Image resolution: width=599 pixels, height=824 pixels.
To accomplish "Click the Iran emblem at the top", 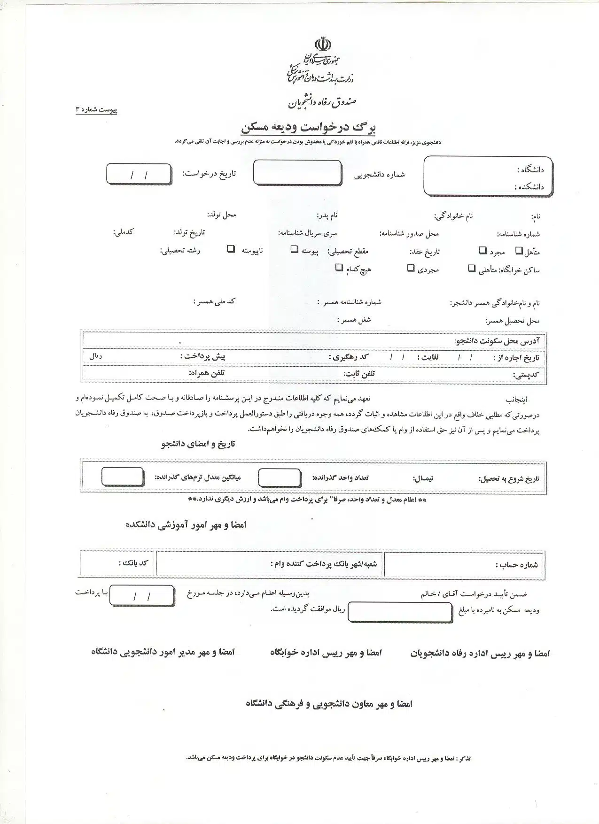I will (323, 45).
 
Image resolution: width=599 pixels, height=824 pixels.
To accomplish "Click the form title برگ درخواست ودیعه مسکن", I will (308, 128).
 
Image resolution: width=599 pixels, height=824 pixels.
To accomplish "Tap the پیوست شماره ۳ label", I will (96, 110).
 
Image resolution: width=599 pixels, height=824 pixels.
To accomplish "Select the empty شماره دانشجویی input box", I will (297, 173).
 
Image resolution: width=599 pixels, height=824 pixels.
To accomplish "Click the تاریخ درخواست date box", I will (139, 175).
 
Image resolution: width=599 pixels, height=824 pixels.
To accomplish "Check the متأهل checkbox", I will (519, 251).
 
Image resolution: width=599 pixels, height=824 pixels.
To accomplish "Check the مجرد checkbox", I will (482, 251).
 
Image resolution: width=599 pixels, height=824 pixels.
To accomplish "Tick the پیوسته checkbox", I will (294, 249).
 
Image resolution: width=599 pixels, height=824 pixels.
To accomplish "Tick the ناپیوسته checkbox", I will (231, 249).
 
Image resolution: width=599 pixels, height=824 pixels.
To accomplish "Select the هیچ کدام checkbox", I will (339, 268).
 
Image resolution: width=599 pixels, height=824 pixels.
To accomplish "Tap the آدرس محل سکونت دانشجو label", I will (497, 340).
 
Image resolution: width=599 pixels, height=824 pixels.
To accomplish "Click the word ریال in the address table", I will (95, 356).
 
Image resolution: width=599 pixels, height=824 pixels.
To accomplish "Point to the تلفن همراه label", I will (206, 373).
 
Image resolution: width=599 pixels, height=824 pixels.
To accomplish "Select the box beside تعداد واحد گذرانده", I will (280, 477).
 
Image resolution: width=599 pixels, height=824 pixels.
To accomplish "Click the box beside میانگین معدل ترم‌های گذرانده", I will (123, 477).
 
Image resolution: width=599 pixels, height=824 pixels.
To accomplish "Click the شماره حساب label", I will (517, 565).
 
